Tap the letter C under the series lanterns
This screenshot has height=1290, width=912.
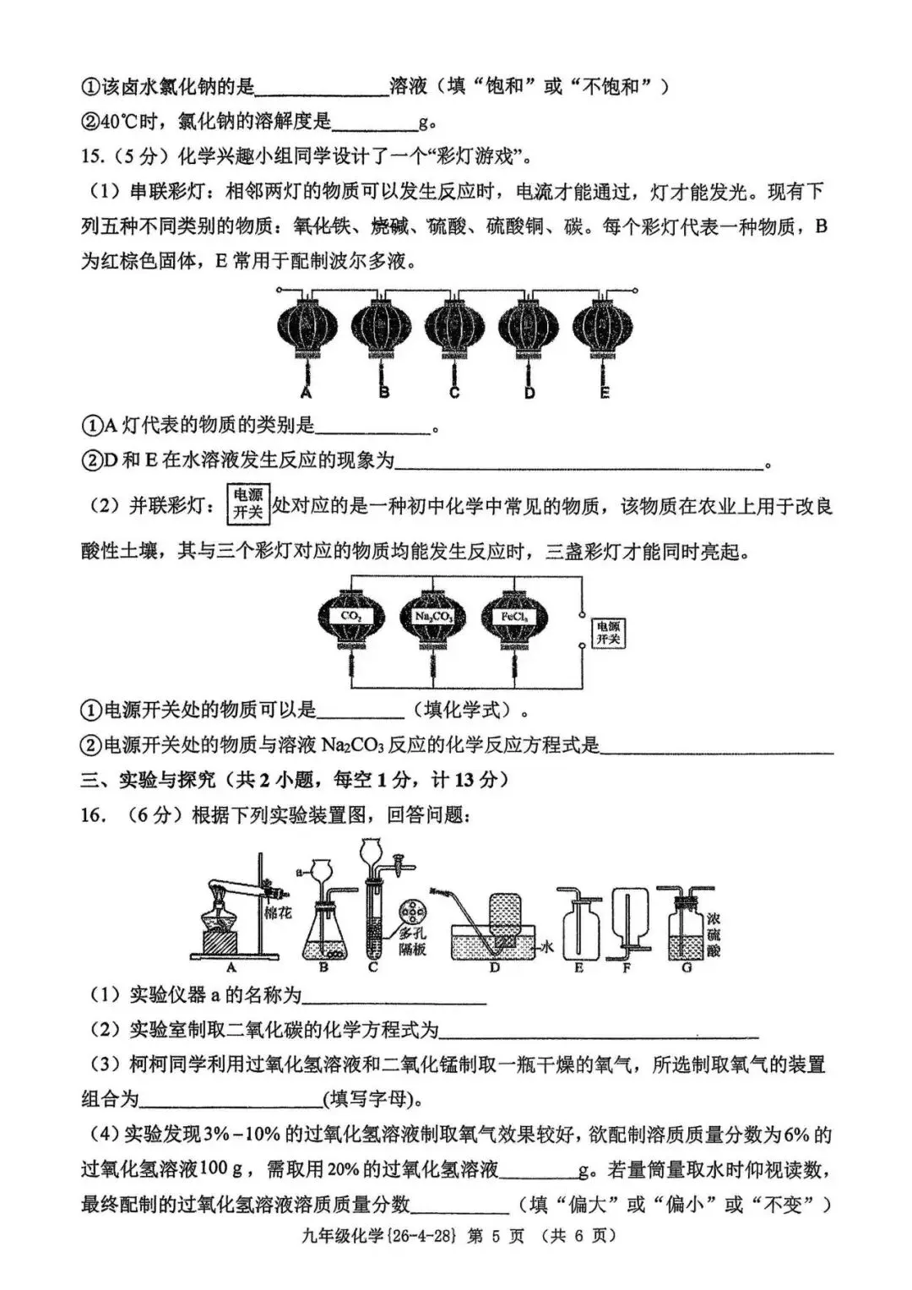[x=454, y=393]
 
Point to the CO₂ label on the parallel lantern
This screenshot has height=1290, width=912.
[x=351, y=616]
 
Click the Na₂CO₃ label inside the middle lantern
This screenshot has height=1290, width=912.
[x=433, y=617]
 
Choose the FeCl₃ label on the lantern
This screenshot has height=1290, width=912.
[x=514, y=617]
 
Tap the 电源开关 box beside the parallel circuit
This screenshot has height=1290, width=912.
[x=608, y=633]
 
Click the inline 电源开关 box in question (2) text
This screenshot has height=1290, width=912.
[x=247, y=504]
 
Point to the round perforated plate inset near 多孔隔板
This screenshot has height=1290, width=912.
[x=412, y=913]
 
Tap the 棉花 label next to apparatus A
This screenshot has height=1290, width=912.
[x=277, y=913]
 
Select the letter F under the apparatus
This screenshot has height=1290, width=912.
[x=627, y=968]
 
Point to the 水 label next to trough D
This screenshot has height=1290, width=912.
[x=547, y=948]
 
